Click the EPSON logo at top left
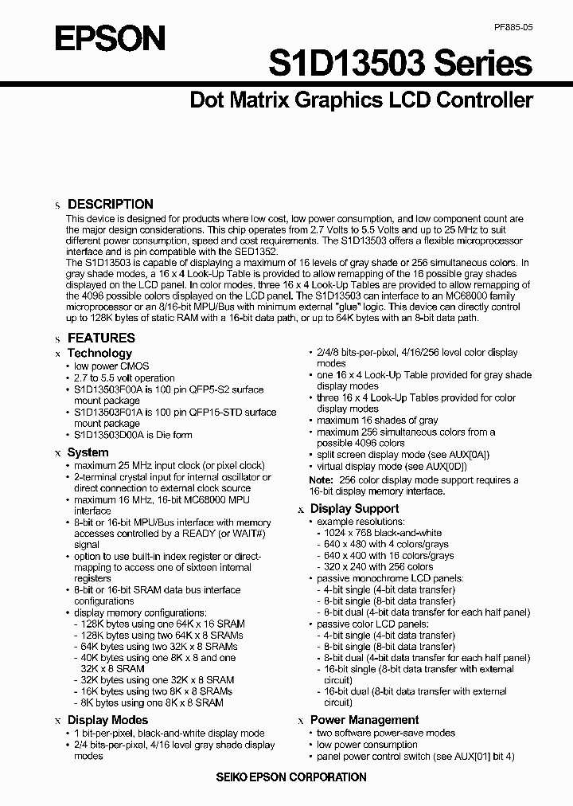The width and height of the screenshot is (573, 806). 99,38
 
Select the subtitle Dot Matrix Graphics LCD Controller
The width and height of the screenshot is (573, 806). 361,100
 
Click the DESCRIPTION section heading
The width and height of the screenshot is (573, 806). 110,204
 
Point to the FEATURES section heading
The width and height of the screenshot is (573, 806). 101,338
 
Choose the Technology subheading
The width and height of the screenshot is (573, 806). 99,353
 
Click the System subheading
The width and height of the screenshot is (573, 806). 88,452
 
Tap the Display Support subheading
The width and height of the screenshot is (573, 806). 354,508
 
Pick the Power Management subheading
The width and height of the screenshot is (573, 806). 364,720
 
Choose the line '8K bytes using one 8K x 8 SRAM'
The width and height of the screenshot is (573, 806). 151,703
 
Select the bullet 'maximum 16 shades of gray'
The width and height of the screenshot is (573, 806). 377,421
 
